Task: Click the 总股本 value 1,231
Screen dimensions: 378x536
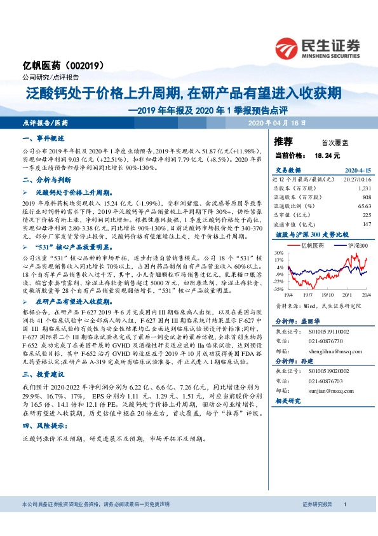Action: tap(363, 189)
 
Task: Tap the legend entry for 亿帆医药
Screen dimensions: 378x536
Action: tap(312, 244)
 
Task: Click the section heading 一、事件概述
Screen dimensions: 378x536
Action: tap(44, 139)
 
